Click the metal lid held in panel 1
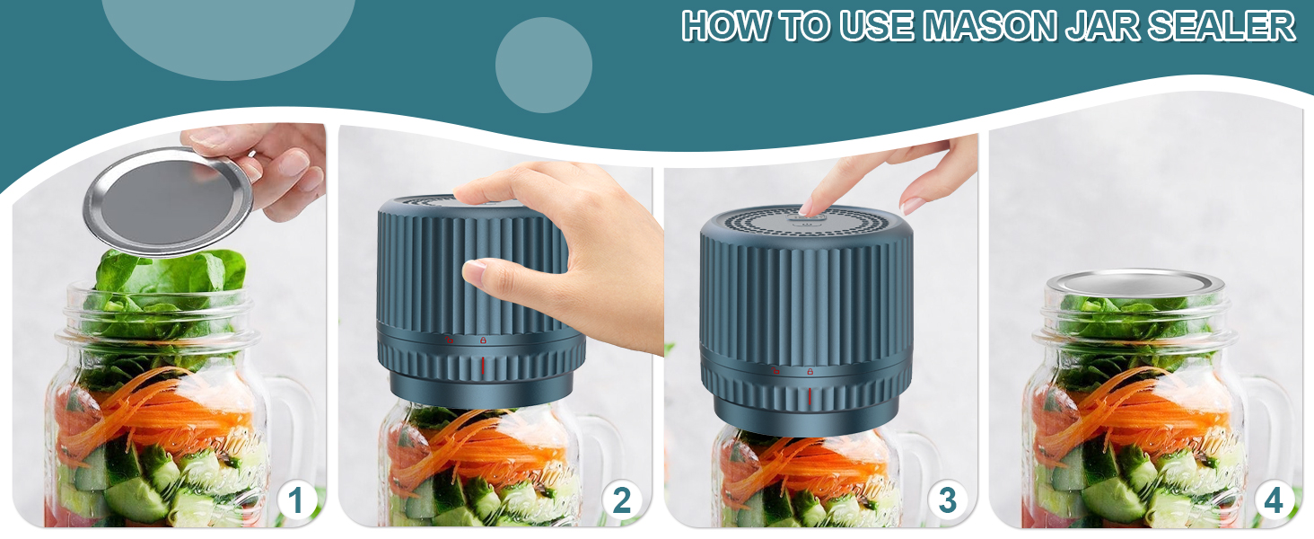click(x=166, y=201)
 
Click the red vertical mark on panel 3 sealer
click(x=810, y=396)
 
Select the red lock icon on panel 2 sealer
click(x=483, y=340)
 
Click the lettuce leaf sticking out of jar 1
click(x=171, y=275)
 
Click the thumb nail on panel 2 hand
click(x=474, y=269)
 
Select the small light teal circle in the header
click(x=543, y=65)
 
